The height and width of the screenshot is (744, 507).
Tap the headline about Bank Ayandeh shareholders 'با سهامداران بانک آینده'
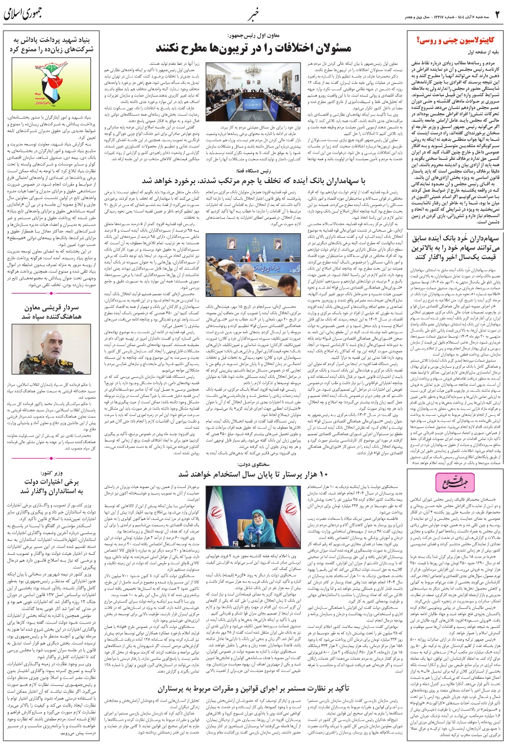click(x=254, y=181)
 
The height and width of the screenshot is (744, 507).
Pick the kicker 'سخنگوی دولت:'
click(x=254, y=463)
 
